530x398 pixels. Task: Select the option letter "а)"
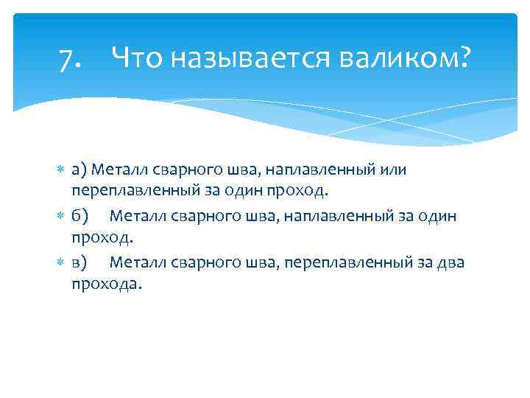pyautogui.click(x=79, y=171)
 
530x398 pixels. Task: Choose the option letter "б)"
pyautogui.click(x=79, y=217)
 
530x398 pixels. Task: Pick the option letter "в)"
pyautogui.click(x=79, y=262)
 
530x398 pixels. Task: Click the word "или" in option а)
pyautogui.click(x=392, y=171)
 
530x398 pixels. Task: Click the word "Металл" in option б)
pyautogui.click(x=138, y=217)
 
